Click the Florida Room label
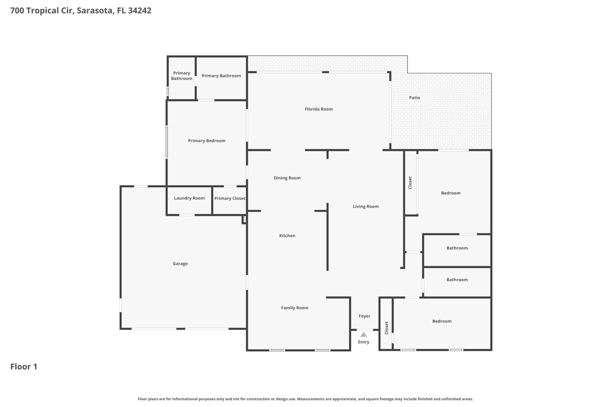(319, 109)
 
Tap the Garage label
(180, 264)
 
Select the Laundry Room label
(189, 198)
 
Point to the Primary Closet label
(230, 198)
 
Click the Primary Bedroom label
(206, 141)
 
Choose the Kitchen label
(287, 236)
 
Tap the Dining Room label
(287, 178)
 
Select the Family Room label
(295, 308)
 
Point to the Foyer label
(364, 316)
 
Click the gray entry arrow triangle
(364, 335)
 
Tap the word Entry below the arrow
(363, 342)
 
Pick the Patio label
(414, 98)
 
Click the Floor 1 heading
(24, 366)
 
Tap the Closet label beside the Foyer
(386, 328)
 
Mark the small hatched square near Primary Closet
(244, 219)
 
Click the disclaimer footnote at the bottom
(305, 399)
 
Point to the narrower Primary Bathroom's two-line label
(182, 76)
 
